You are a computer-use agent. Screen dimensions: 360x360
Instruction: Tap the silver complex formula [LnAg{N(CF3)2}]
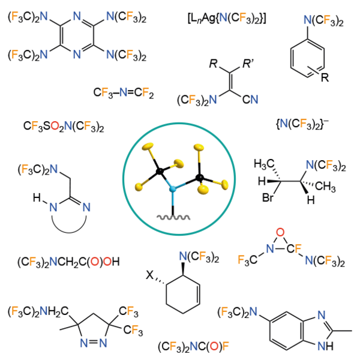click(227, 20)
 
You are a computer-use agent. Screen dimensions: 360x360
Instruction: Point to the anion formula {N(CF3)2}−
click(300, 126)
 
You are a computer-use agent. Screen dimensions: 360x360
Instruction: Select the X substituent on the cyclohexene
click(150, 275)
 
